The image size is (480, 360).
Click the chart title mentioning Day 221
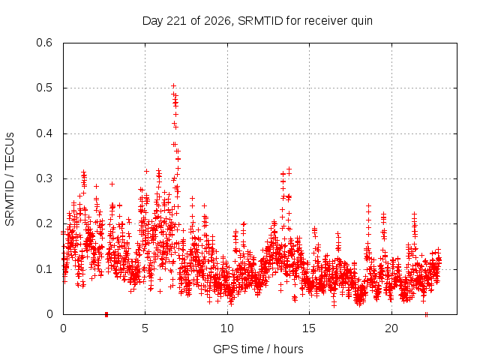click(x=257, y=21)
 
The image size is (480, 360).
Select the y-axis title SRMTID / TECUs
click(x=10, y=179)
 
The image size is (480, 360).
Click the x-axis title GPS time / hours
click(x=258, y=349)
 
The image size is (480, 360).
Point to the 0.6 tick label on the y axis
click(x=44, y=43)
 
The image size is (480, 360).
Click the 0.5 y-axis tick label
click(x=44, y=88)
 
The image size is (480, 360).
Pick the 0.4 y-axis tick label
click(x=44, y=133)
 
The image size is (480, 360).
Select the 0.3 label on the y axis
click(x=44, y=178)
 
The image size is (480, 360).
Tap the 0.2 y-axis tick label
click(x=44, y=223)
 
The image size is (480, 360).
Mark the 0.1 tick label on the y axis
click(x=44, y=269)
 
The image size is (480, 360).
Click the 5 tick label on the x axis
click(x=145, y=328)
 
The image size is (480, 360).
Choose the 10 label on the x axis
click(x=227, y=328)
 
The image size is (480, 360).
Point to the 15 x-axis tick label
click(x=309, y=328)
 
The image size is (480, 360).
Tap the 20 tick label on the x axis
click(x=391, y=328)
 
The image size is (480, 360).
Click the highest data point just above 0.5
click(x=173, y=85)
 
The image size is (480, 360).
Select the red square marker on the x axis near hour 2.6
click(x=106, y=314)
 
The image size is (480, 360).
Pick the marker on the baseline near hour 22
click(x=426, y=314)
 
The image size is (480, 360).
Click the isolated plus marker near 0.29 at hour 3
click(x=112, y=184)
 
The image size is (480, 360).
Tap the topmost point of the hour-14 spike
click(x=289, y=169)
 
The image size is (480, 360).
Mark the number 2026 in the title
click(x=217, y=21)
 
